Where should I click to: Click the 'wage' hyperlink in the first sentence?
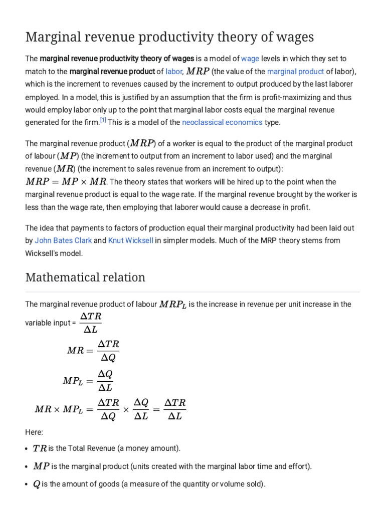[x=250, y=59]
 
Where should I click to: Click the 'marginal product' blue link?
[x=295, y=72]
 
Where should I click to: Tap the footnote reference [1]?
[x=103, y=120]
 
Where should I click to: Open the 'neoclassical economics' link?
[x=222, y=122]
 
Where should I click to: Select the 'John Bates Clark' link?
[x=63, y=240]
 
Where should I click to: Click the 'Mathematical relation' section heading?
[x=85, y=277]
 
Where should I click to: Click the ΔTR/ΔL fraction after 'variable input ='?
[x=91, y=322]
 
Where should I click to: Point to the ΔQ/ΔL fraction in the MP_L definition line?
[x=105, y=381]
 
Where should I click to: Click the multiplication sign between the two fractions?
[x=126, y=409]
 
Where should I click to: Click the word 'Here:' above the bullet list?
[x=34, y=432]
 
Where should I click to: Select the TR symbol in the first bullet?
[x=39, y=448]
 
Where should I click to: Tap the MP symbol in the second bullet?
[x=41, y=466]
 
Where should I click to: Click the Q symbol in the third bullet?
[x=37, y=484]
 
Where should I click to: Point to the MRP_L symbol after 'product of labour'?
[x=172, y=305]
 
